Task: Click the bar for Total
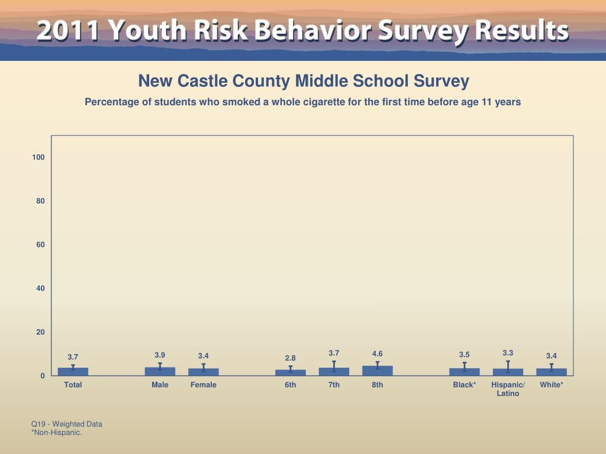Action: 73,372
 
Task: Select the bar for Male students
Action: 160,371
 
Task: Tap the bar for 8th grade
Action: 377,371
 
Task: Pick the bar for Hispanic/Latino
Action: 508,372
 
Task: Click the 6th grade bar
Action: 291,372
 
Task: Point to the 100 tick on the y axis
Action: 39,157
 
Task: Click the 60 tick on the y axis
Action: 39,245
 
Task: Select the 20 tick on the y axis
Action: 39,332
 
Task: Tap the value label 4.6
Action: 377,354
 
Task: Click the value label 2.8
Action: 291,358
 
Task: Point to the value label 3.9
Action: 160,355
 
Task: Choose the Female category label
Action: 204,385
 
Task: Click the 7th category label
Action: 334,385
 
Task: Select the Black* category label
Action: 465,385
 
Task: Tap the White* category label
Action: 552,385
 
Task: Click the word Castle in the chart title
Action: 204,80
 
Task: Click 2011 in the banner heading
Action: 67,30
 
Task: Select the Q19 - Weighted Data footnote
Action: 67,424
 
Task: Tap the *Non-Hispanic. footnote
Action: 56,433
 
